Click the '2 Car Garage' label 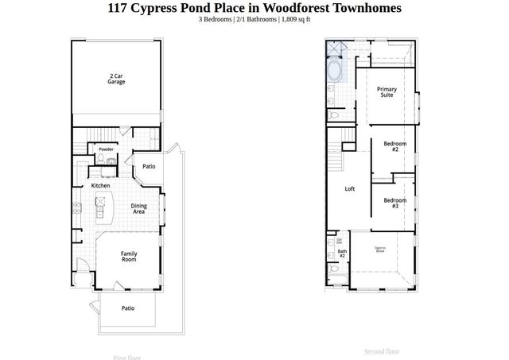117,79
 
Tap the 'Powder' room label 106,149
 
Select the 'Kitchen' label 100,185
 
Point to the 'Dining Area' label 138,209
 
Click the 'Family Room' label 128,257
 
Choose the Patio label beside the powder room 149,167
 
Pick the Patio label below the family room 127,308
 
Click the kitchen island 101,207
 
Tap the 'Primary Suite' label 387,92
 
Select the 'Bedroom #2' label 390,146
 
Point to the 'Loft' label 349,189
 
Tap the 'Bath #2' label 341,254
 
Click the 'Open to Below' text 380,250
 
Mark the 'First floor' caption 129,358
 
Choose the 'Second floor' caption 382,350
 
